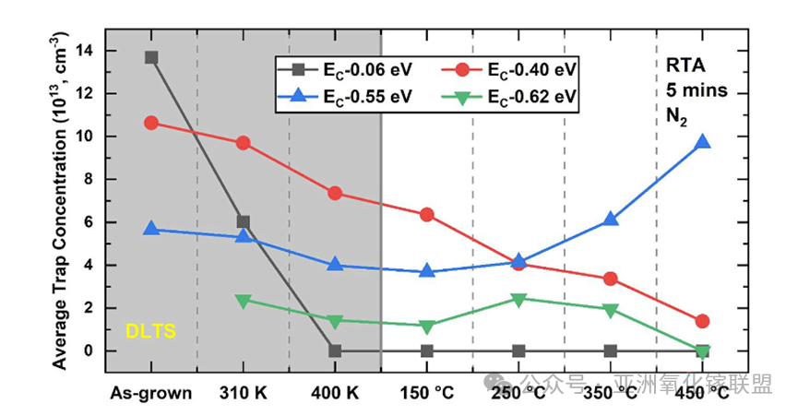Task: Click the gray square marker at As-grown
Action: point(151,57)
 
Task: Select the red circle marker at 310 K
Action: point(243,143)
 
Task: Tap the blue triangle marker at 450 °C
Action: point(702,142)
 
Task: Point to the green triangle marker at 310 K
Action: point(243,300)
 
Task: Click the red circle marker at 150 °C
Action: point(426,214)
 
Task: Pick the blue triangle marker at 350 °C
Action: point(610,220)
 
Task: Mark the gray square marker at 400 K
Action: point(335,351)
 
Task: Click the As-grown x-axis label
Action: point(151,392)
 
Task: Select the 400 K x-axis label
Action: point(335,392)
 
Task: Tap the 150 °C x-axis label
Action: point(426,392)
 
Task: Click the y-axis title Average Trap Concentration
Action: point(57,200)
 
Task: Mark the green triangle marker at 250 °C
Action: point(518,300)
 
